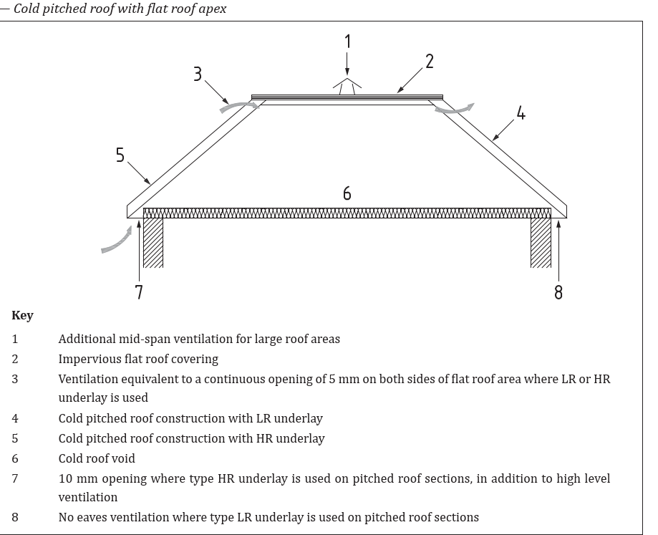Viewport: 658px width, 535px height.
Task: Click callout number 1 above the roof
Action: pos(348,42)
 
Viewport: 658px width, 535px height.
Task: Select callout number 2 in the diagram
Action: pos(430,62)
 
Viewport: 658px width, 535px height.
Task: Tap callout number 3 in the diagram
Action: pos(198,74)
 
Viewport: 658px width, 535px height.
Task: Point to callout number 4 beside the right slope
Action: pos(521,113)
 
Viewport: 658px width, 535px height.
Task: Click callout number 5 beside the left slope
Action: pos(120,155)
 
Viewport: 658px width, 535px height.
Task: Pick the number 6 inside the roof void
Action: pos(347,193)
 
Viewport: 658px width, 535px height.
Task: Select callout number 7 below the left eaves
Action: pos(139,292)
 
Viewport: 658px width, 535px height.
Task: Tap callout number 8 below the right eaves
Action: pos(558,292)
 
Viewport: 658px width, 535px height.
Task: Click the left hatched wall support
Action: pos(153,242)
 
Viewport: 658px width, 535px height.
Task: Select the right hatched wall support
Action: pos(541,242)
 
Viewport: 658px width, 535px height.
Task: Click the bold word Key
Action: pos(22,315)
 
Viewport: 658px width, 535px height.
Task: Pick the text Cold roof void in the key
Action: pos(97,458)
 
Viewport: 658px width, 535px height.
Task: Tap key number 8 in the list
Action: pos(15,517)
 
